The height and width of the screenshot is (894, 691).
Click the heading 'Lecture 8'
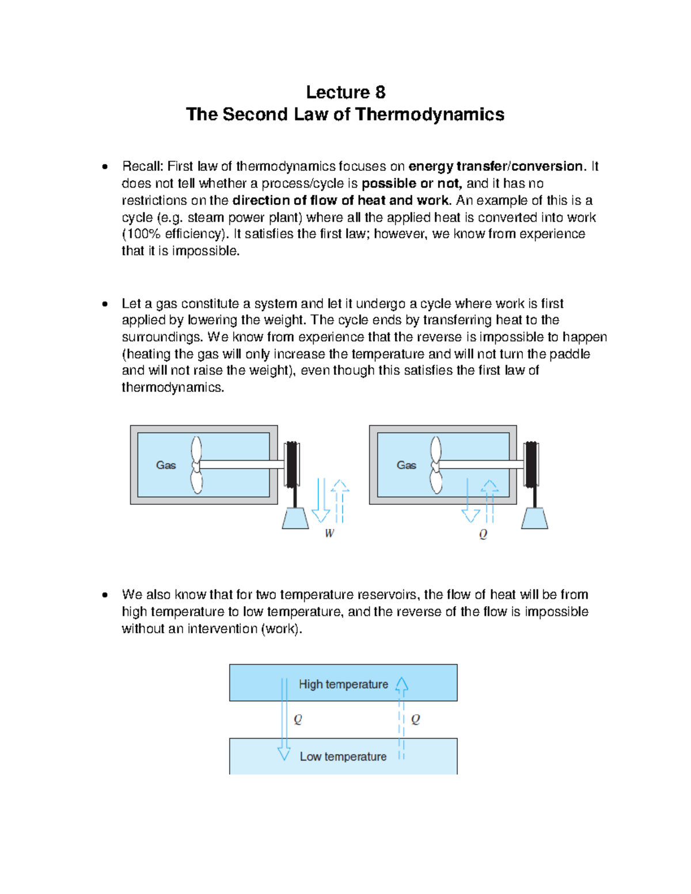coord(345,92)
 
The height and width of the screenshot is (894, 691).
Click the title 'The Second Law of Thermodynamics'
coord(345,115)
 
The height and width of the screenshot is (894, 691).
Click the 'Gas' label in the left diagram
coord(166,465)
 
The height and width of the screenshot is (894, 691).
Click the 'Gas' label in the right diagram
coord(406,465)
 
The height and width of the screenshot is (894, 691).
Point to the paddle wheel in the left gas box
coord(196,465)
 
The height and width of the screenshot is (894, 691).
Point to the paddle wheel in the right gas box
coord(436,465)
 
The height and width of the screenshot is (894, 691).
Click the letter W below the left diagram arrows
coord(329,534)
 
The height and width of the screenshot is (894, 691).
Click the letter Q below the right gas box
coord(483,534)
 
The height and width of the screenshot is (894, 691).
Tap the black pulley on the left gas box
coord(293,464)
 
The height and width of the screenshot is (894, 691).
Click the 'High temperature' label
coord(343,684)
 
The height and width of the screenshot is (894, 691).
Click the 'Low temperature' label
coord(343,757)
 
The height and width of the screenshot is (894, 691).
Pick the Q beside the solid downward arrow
coord(298,720)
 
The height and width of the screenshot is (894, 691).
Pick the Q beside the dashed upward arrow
coord(416,720)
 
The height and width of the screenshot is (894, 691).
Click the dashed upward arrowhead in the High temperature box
coord(402,684)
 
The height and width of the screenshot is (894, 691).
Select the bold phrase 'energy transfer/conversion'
coord(496,166)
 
